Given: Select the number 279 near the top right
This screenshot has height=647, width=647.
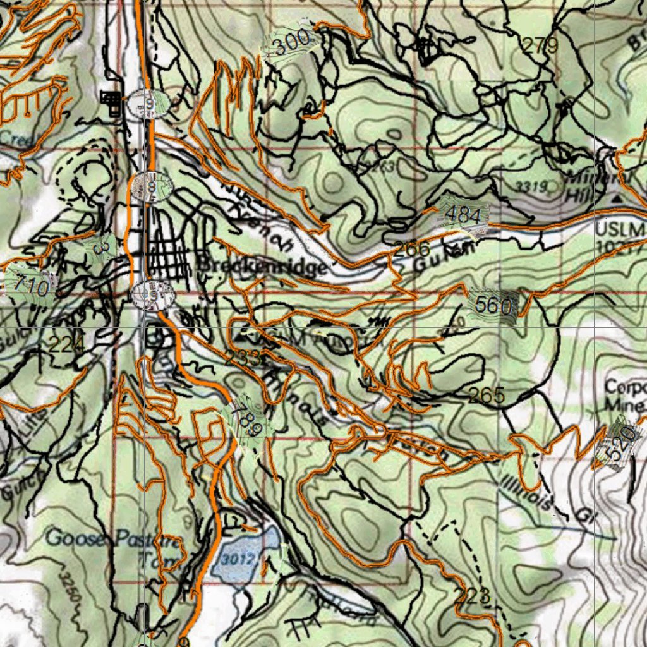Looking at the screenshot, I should (540, 45).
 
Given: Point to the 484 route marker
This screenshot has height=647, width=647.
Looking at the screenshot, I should (463, 215).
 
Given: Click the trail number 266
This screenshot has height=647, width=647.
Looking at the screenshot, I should (411, 249).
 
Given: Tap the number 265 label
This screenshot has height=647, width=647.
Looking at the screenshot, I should (487, 396).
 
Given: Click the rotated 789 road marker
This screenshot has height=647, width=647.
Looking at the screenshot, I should (246, 419).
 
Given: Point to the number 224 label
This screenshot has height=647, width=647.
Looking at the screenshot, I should (66, 345).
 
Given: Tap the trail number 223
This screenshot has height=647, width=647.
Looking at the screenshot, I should (472, 595).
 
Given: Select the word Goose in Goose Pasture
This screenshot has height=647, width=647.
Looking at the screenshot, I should (74, 539).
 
